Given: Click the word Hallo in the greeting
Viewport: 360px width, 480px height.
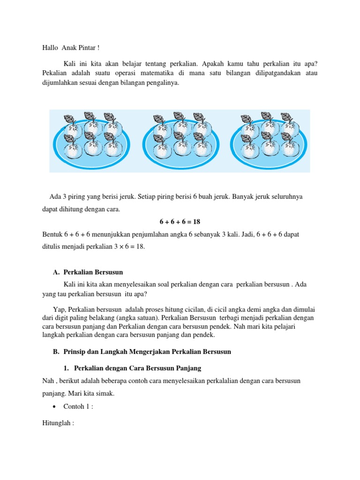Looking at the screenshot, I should coord(46,48).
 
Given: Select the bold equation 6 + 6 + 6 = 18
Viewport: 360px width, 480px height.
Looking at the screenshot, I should coord(180,221).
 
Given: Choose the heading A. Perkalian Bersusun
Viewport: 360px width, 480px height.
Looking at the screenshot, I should coord(89,272).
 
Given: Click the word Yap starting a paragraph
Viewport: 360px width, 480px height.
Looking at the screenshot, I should coord(59,310).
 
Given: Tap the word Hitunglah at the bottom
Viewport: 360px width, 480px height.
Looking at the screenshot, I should coord(55,423).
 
